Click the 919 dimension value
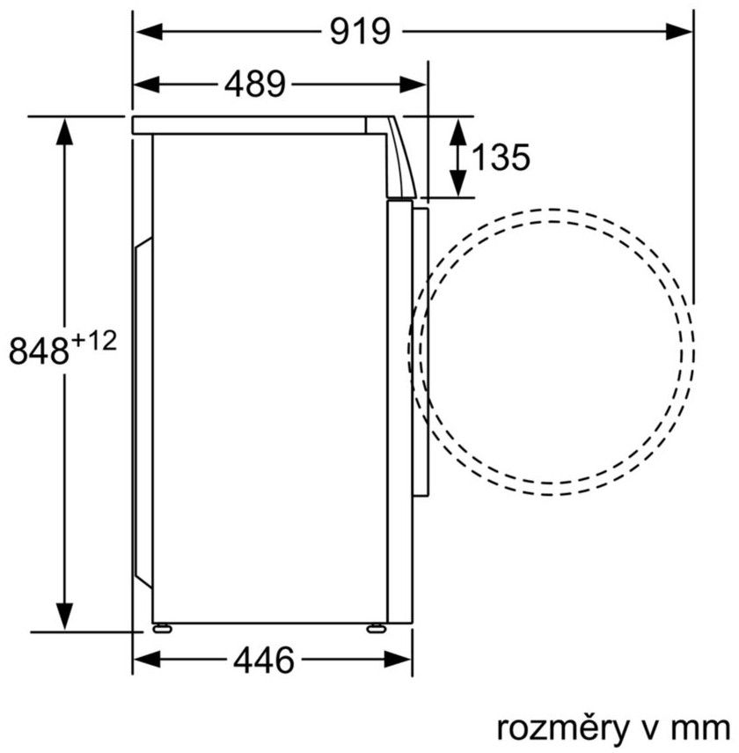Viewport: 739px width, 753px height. [361, 32]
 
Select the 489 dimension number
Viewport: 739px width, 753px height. [255, 84]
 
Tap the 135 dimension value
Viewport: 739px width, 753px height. [501, 157]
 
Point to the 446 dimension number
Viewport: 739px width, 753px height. [263, 660]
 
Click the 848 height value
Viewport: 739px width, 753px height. [39, 351]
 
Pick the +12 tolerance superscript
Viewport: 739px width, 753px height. [94, 342]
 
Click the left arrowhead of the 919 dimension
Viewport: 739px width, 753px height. [149, 33]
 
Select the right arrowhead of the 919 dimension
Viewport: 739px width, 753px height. [678, 33]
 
